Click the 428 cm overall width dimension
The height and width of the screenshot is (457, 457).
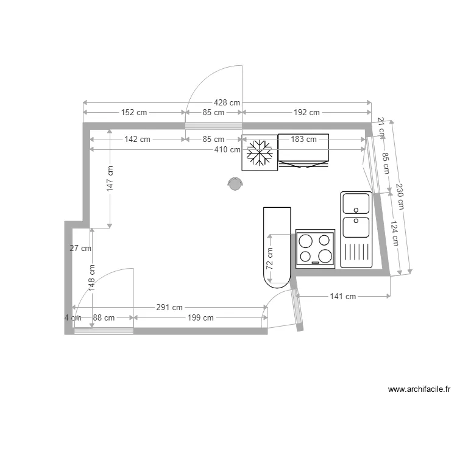click(227, 102)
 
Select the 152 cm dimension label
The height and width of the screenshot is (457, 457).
click(134, 112)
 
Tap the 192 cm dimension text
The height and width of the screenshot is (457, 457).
click(306, 112)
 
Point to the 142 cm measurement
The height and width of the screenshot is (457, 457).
click(137, 139)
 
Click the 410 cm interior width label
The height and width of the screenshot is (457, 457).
click(227, 149)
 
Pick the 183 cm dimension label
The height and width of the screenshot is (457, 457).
click(303, 139)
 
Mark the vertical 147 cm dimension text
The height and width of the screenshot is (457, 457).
click(110, 179)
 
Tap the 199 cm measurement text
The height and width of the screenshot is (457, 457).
click(200, 317)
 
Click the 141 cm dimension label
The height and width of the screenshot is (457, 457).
click(342, 297)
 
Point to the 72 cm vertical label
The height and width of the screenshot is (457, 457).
click(269, 258)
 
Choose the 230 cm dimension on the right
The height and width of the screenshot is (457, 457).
click(399, 196)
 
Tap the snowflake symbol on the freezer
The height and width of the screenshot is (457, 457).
click(260, 153)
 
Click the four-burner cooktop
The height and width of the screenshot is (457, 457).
click(315, 249)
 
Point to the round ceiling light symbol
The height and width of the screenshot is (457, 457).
click(235, 183)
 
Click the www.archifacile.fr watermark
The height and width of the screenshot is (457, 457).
click(419, 389)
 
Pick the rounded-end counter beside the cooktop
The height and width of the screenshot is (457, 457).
click(277, 247)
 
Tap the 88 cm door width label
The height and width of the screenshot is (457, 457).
click(104, 317)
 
